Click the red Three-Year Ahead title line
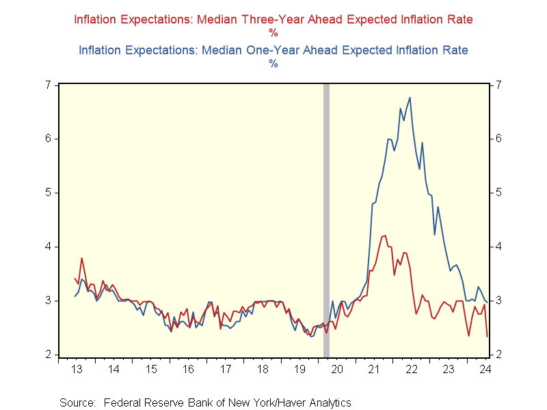[273, 20]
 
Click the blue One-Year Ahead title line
[273, 50]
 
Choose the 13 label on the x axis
[77, 370]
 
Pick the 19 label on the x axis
[300, 370]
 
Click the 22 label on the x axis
[412, 370]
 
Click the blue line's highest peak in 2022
[410, 97]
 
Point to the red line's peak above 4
[385, 235]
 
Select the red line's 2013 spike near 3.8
[82, 258]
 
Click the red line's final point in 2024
[487, 336]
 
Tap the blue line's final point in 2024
[487, 301]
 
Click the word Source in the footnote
[76, 402]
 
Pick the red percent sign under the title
[273, 32]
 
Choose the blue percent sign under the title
[273, 64]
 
